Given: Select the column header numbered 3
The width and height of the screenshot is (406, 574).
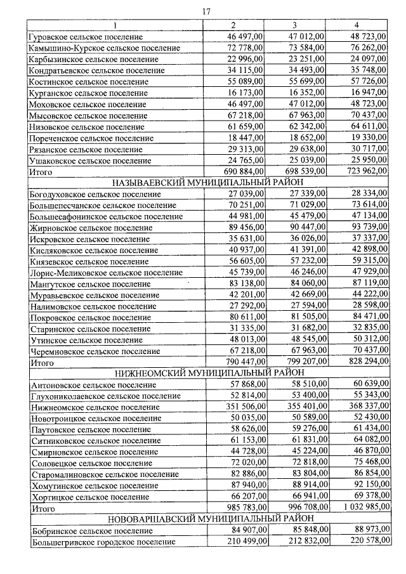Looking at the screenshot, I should [296, 25].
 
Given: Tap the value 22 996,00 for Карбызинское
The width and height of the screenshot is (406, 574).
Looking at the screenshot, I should [244, 59].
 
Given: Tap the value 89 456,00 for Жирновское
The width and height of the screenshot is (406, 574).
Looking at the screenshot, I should [244, 227].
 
